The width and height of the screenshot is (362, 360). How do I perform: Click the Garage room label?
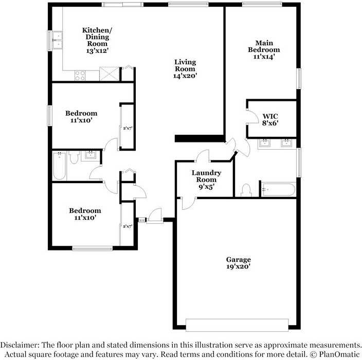coord(238,259)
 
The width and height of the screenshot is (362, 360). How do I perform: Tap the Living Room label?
coord(185,65)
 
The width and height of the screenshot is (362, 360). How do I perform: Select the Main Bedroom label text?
coord(264,46)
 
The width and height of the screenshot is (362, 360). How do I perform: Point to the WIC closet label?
coord(270,116)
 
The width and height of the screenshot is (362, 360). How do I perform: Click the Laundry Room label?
coord(206,176)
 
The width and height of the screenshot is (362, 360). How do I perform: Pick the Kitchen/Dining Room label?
coord(97,37)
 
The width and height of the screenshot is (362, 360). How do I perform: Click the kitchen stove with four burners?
coord(80,75)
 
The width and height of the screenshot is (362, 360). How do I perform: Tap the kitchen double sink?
coord(56,40)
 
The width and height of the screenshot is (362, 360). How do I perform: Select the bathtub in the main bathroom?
coord(278,190)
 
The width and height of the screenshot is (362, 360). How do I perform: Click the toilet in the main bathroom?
coord(246,190)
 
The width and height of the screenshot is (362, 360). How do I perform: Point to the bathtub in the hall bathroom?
coord(59,166)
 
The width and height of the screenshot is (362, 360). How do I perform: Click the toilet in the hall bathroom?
coord(74,157)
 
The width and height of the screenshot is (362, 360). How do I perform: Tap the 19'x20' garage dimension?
coord(238,267)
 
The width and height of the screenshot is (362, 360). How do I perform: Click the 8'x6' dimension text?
coord(270,123)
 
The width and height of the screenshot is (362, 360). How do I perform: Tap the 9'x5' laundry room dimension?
coord(206,187)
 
